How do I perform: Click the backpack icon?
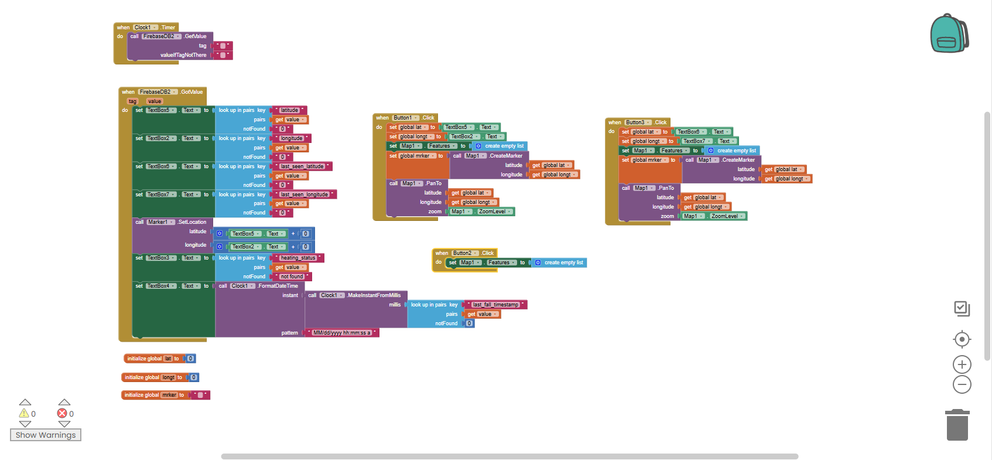tap(949, 34)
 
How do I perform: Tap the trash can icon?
tap(957, 425)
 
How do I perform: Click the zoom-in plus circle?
tap(962, 364)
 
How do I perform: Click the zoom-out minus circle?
tap(962, 384)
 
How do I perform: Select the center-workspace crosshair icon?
tap(962, 339)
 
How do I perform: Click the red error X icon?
tap(62, 413)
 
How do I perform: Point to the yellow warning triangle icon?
tap(24, 413)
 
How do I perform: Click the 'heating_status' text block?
tap(297, 258)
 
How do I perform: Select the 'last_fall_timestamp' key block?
tap(495, 305)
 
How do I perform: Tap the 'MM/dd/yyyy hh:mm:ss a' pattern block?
tap(342, 333)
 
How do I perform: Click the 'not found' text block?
tap(292, 277)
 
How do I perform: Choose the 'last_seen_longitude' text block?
tap(305, 195)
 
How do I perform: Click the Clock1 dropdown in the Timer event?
tap(145, 28)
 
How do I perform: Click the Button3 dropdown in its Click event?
tap(638, 122)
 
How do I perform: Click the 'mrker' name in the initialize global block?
tap(169, 395)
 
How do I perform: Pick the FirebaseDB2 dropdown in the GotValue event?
tap(158, 92)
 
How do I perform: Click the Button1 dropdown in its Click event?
tap(405, 118)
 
